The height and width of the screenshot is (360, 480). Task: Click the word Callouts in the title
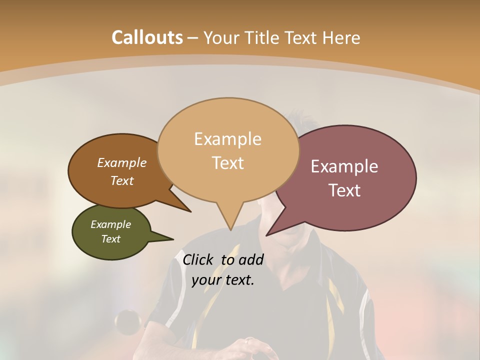147,37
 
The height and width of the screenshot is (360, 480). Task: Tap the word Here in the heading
342,37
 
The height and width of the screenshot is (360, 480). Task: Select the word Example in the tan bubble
227,139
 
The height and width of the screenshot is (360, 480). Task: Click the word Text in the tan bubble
227,162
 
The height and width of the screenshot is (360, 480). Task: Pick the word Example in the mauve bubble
344,166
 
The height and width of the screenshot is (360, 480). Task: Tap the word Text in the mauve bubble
344,190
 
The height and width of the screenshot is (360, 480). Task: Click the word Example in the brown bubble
122,162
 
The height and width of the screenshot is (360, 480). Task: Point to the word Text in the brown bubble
122,180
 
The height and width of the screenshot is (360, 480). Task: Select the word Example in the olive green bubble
110,224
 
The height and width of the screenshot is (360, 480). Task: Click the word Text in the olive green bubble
110,239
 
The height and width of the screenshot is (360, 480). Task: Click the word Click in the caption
199,259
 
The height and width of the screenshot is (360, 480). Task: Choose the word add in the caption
250,259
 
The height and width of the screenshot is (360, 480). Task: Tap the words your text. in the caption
223,280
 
